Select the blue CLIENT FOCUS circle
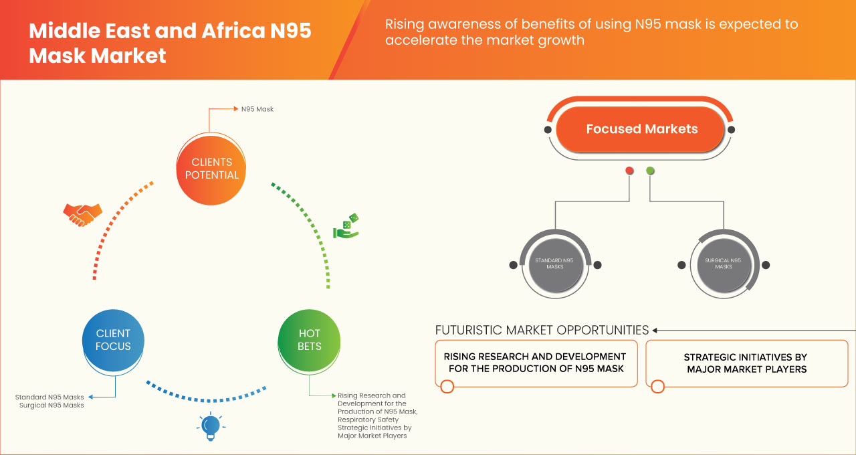(113, 340)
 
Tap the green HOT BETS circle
(309, 340)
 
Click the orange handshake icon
(82, 214)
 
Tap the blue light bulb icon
(211, 426)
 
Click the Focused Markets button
(641, 129)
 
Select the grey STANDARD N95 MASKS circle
(554, 264)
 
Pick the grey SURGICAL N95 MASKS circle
(723, 264)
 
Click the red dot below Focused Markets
(629, 171)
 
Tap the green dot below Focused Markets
(651, 171)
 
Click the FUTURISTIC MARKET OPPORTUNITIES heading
(542, 330)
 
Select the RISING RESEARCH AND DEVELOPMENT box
(536, 363)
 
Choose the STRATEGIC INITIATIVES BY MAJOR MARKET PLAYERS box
(745, 363)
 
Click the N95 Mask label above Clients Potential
(257, 108)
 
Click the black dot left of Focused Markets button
(548, 129)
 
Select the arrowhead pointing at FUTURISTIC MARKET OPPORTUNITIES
(655, 330)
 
